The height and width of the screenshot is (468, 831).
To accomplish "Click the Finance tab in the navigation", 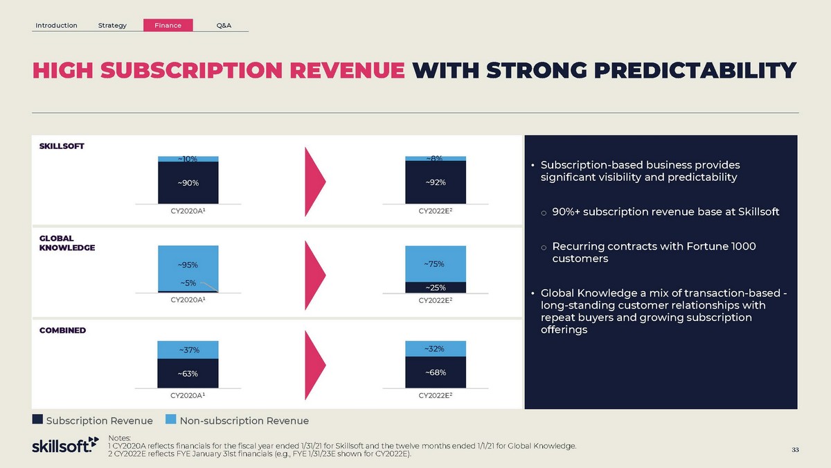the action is coord(168,25).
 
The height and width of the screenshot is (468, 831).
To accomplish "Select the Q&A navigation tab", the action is coord(224,25).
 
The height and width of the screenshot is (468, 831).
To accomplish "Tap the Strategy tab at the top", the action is coord(112,25).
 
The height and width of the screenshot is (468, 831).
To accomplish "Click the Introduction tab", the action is coord(56,25).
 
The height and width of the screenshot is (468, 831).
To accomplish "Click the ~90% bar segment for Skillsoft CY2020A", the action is coord(188,183).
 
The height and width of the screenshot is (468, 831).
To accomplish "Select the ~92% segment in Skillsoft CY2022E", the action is coord(436,182).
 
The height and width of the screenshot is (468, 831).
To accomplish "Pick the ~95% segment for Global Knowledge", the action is coord(188,268).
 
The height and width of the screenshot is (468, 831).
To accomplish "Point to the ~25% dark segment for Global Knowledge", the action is coord(436,288).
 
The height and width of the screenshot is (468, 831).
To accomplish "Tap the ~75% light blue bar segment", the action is coord(436,263).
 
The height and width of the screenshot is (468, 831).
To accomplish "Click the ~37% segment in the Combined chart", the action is coord(188,350).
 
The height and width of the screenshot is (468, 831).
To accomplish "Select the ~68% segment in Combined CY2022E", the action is coord(436,372).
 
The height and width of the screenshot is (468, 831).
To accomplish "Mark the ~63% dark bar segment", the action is coord(188,373).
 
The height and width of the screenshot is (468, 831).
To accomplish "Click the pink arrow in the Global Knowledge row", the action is coord(315,275).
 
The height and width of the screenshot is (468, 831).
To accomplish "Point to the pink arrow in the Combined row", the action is coord(315,365).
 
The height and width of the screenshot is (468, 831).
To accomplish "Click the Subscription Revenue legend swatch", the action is coord(37,419).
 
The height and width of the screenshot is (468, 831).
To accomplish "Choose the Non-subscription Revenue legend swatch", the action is coord(170,419).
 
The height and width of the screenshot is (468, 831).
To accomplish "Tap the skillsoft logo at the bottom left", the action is coord(65,444).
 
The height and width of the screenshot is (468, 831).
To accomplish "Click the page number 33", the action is coord(795,450).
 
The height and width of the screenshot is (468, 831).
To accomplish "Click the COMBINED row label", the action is coord(62,330).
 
